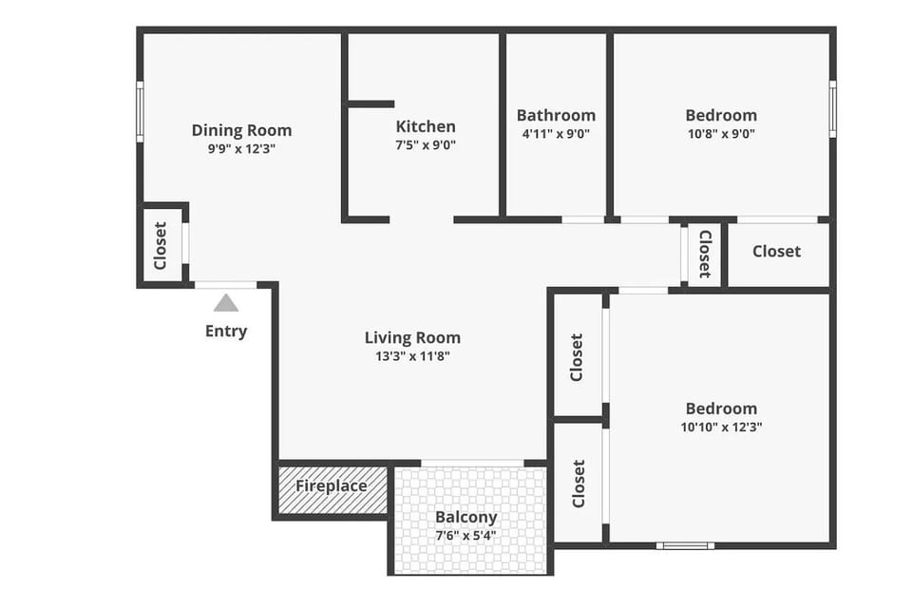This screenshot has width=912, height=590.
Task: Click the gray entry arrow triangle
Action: tap(225, 303)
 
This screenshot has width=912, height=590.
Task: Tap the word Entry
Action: tap(226, 331)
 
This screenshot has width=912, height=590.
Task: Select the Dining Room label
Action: tap(241, 130)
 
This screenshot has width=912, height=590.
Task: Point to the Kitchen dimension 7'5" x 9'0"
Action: tap(426, 145)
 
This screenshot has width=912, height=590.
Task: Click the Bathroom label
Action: tap(556, 115)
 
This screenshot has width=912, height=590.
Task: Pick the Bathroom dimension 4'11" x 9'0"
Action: tap(556, 134)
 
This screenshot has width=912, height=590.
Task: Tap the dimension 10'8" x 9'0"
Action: tap(721, 134)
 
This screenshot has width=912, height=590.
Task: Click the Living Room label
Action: tap(412, 337)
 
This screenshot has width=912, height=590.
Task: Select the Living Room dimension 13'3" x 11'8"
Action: tap(412, 356)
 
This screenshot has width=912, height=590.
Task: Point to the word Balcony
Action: tap(466, 517)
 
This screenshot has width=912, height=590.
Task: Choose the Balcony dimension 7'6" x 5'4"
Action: tap(466, 535)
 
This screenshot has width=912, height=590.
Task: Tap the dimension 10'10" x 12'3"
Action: tap(721, 428)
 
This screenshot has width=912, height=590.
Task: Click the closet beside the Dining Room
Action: tap(161, 244)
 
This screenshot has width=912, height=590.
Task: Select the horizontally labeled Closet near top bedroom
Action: tap(776, 251)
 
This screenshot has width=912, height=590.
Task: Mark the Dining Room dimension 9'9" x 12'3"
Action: tap(241, 149)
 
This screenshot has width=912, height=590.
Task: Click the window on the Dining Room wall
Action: tap(140, 111)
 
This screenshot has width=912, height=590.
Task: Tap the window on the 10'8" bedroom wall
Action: tap(832, 109)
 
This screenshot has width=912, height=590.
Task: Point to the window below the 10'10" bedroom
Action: tap(685, 545)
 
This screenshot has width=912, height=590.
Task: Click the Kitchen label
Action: tap(426, 126)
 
